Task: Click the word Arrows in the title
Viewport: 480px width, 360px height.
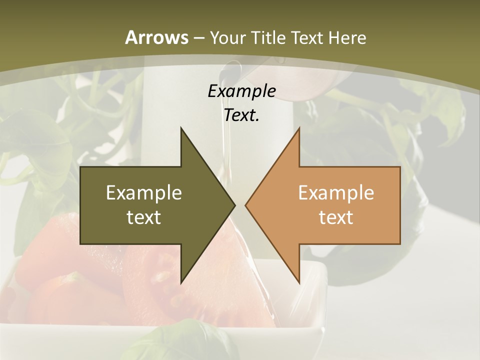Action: (x=157, y=37)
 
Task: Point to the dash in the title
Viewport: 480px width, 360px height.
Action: (x=199, y=38)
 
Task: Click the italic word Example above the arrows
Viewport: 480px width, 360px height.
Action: (x=241, y=91)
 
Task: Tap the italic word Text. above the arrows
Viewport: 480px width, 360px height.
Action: (x=241, y=115)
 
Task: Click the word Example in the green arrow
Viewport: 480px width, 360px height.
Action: (x=144, y=192)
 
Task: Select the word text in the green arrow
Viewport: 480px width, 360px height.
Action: (x=144, y=217)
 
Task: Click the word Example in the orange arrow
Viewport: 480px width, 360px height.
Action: (x=336, y=192)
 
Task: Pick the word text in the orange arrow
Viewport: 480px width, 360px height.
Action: (x=336, y=217)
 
